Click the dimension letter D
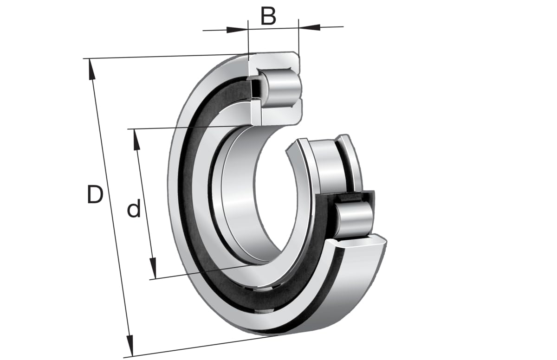[x=95, y=194]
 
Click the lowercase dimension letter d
[x=134, y=210]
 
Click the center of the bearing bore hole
[x=260, y=195]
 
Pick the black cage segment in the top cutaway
[x=255, y=88]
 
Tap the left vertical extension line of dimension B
[x=249, y=42]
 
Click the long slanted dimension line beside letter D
[x=111, y=209]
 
